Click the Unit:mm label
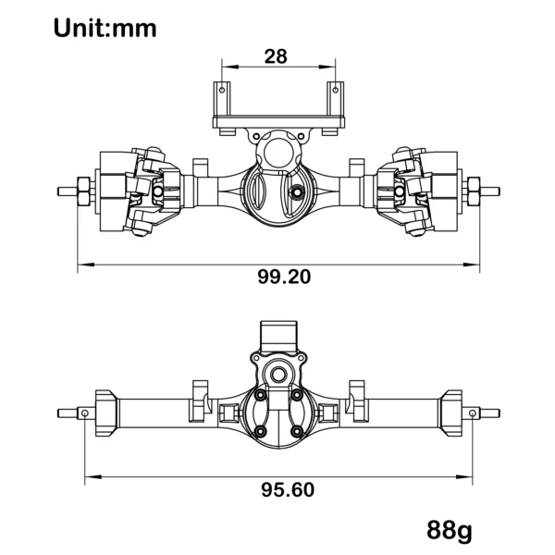105,29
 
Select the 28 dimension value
276,56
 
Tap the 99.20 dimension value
284,277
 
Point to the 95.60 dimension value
288,490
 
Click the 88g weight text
450,531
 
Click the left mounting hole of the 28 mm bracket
222,90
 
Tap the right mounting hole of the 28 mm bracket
336,90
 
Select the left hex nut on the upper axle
83,191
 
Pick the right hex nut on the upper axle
474,191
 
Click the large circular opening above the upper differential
279,154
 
